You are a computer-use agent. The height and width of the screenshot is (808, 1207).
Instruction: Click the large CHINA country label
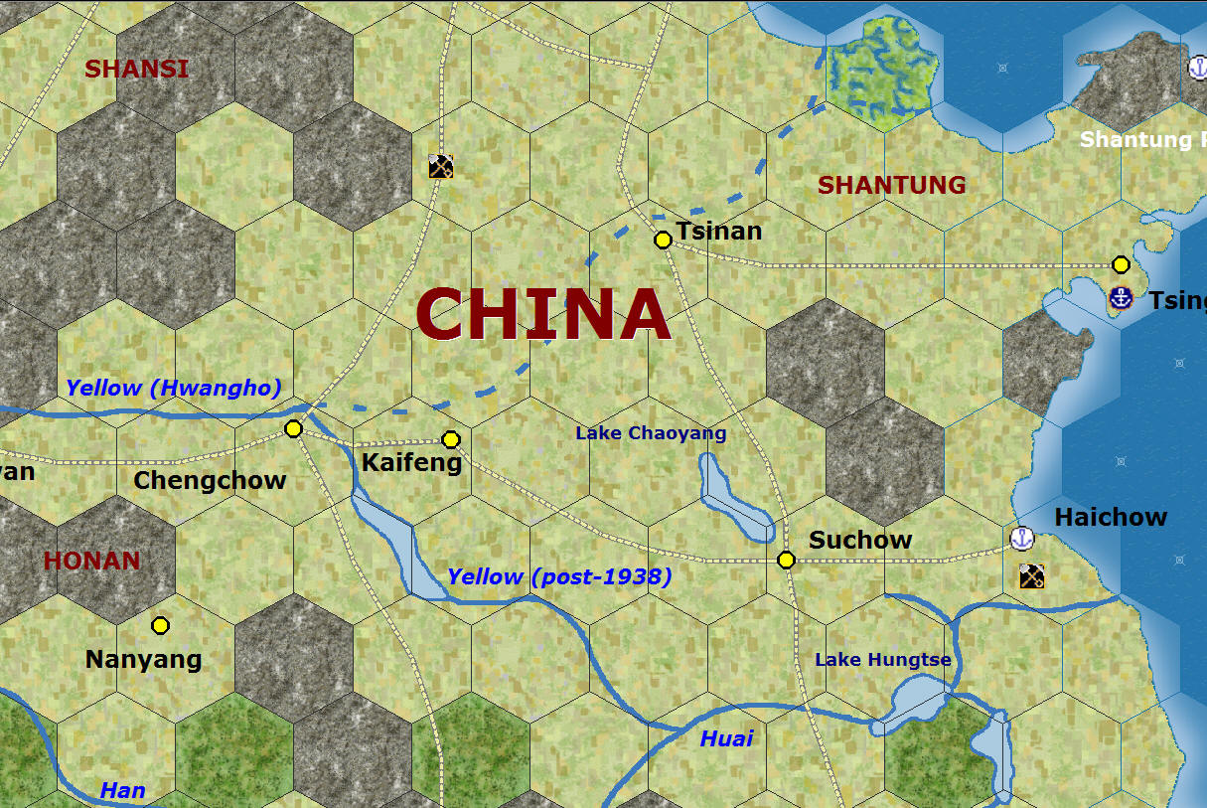click(542, 314)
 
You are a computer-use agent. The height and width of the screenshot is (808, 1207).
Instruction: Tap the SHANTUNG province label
click(891, 185)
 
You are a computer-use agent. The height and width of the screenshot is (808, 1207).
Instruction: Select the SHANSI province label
click(136, 69)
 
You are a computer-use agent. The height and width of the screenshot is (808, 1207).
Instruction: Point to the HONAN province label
click(91, 561)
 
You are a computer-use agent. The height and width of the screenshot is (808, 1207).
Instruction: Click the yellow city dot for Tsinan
click(663, 240)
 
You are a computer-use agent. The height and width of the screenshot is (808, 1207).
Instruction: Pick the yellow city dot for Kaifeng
click(451, 439)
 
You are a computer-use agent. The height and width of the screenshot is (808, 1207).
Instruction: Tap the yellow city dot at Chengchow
click(293, 428)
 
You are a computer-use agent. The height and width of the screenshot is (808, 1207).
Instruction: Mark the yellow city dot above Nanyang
click(160, 625)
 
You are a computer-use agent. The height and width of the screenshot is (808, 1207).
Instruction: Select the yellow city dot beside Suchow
click(786, 560)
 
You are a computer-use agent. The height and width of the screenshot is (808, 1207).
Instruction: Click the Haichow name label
click(1111, 517)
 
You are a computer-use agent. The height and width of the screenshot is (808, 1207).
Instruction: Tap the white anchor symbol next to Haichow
click(1022, 539)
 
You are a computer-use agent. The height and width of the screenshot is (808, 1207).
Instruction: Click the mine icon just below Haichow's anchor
click(1031, 575)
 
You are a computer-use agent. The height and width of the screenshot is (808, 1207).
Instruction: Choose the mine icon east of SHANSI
click(441, 166)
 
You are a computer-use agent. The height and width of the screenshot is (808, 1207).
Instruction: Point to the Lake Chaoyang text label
click(651, 433)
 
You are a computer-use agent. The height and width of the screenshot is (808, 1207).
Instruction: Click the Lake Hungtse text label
click(883, 660)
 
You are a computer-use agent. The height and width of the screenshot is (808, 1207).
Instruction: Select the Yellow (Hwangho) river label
click(174, 388)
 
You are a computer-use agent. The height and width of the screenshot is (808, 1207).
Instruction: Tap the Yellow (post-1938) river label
click(559, 576)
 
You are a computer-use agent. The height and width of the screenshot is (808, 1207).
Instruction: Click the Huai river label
click(726, 738)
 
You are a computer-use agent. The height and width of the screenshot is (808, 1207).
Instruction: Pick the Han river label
click(122, 791)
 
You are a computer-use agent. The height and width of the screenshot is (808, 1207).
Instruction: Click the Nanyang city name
click(144, 659)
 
